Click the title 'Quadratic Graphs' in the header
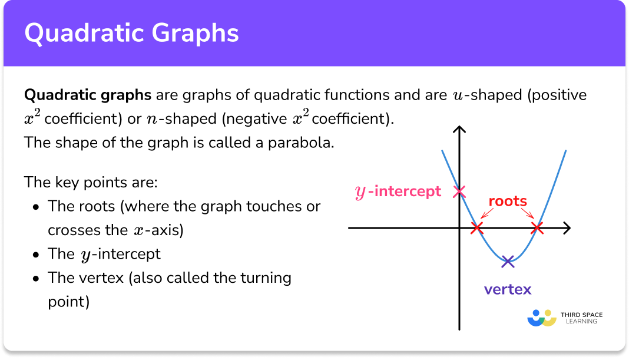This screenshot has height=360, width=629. pos(131,33)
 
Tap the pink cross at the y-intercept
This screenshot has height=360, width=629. pos(459,191)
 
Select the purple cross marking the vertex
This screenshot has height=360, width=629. pos(508,261)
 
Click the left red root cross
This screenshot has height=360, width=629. pos(478,228)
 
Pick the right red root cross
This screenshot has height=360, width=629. pos(537,228)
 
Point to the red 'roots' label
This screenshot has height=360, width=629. pos(508,201)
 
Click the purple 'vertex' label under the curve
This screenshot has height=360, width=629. pos(508,289)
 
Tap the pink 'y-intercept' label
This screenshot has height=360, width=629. pos(398,191)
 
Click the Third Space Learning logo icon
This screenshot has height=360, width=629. pos(542,318)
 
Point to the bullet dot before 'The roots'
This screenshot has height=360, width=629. pos(37,207)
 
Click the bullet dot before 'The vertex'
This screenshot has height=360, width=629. pos(37,278)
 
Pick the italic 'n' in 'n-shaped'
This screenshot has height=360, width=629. pos(153,119)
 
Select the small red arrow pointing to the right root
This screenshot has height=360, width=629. pos(528,214)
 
